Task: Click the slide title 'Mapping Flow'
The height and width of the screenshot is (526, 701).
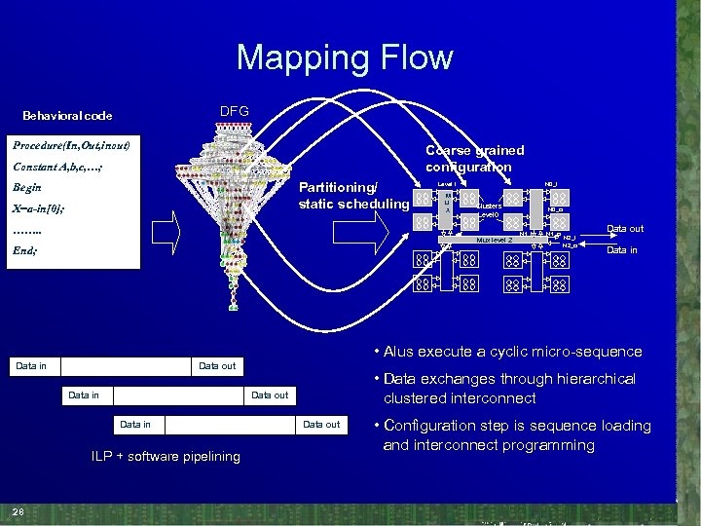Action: coord(344,57)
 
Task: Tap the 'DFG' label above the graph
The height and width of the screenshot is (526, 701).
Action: coord(234,111)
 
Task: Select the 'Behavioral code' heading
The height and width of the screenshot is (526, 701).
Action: coord(67,116)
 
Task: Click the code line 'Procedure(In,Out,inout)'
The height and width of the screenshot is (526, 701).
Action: coord(71,145)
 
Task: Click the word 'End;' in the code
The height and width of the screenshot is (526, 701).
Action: coord(25,250)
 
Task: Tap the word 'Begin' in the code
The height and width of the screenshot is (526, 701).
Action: coord(28,187)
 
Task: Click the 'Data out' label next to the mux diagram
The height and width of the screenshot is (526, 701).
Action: coord(624,229)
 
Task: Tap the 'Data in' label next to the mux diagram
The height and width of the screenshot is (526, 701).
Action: coord(623,250)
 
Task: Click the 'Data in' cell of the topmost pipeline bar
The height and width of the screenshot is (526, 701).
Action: coord(31,366)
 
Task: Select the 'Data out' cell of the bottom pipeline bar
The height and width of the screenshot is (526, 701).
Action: coord(321,425)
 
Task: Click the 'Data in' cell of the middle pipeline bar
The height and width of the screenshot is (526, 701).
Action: coord(84,395)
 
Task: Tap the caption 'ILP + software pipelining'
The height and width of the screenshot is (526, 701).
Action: coord(166,456)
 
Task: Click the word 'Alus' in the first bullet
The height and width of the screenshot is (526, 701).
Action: coord(401,352)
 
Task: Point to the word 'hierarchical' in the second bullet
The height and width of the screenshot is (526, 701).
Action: coord(589,379)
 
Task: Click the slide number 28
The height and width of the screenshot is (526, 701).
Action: coord(18,512)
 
